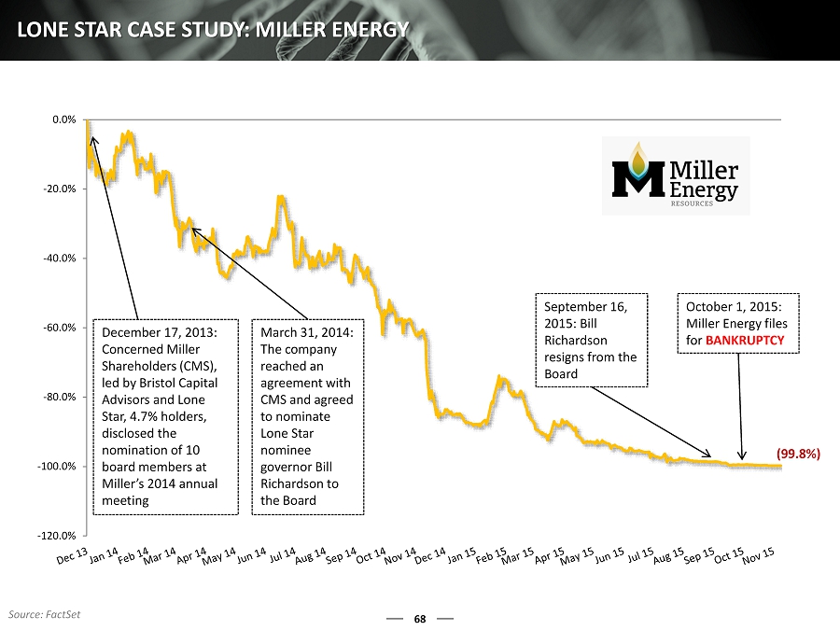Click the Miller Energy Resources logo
point(675,176)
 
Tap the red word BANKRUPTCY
point(745,341)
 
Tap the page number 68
point(420,619)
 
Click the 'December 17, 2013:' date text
point(160,332)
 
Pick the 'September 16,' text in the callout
point(584,306)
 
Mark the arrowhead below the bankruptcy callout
point(743,457)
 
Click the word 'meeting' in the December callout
point(125,500)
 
